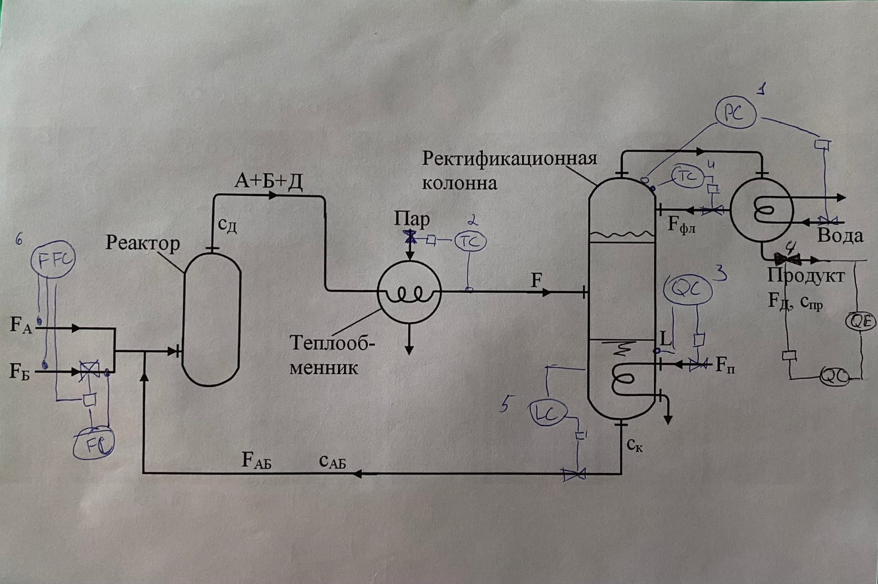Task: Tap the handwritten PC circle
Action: (x=735, y=114)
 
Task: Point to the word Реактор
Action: (x=142, y=243)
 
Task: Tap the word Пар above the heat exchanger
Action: (x=412, y=219)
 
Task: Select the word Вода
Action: (x=840, y=236)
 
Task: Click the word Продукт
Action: (x=806, y=276)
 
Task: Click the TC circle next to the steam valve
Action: (x=470, y=241)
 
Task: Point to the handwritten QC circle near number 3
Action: (x=688, y=291)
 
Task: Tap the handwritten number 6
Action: (x=19, y=239)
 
